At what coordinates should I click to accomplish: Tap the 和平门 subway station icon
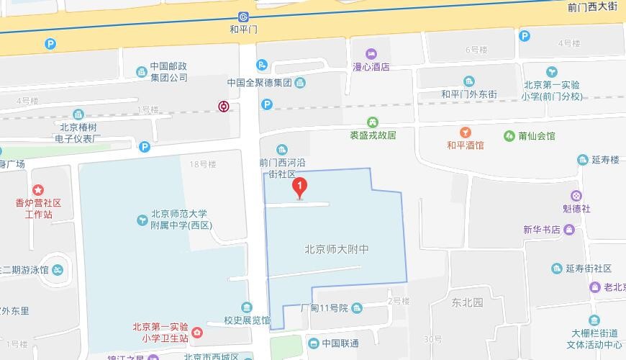point(243,17)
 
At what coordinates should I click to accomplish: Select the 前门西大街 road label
point(592,6)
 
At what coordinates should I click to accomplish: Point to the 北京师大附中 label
point(337,250)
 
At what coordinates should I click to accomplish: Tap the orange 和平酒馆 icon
point(466,132)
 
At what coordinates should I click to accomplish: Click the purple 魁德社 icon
point(576,195)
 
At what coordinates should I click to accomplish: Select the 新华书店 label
point(541,230)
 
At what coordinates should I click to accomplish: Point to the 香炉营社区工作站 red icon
point(38,189)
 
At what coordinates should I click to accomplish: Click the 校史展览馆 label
point(247,320)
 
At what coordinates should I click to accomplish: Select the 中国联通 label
point(340,343)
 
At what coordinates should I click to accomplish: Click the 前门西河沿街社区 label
point(283,168)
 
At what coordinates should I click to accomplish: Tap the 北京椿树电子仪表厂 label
point(79,131)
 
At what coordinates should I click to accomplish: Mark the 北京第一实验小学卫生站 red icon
point(198,332)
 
